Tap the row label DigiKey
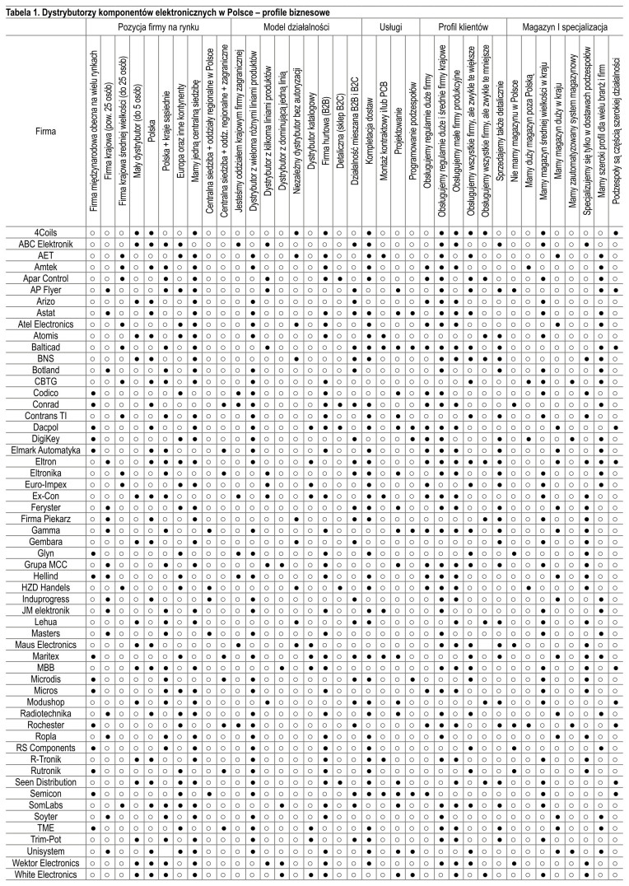(x=43, y=439)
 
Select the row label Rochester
(x=43, y=724)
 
